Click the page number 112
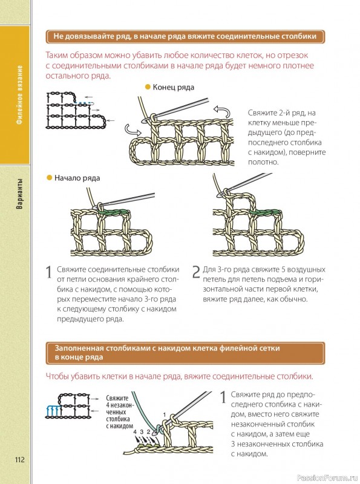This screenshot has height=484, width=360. [x=19, y=460]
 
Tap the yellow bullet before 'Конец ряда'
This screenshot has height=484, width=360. [x=148, y=87]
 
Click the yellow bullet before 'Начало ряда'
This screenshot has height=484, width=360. [x=49, y=178]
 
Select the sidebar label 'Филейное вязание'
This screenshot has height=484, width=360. [x=19, y=95]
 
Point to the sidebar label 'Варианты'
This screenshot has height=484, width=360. [x=19, y=194]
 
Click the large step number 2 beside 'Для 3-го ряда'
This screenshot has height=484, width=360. [x=197, y=272]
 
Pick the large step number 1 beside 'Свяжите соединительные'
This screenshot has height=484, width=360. [x=49, y=272]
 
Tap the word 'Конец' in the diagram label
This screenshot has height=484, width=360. [x=163, y=87]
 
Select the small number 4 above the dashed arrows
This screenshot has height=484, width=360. [x=135, y=431]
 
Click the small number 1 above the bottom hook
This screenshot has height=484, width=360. [x=165, y=415]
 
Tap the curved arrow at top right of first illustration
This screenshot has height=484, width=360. [x=221, y=111]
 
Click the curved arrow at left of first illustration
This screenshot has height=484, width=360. [x=133, y=130]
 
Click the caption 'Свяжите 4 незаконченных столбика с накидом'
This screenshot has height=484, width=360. [x=119, y=412]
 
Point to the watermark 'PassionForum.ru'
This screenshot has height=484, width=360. [x=327, y=478]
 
